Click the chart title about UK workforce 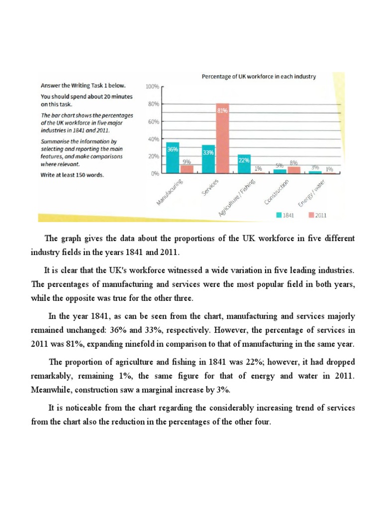258,77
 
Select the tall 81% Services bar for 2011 222,139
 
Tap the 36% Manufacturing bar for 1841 173,157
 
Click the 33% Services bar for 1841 208,159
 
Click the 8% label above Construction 293,163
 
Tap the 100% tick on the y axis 152,87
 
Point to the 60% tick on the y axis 153,122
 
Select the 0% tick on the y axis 154,174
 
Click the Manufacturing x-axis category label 171,193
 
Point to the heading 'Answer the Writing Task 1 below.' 80,85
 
